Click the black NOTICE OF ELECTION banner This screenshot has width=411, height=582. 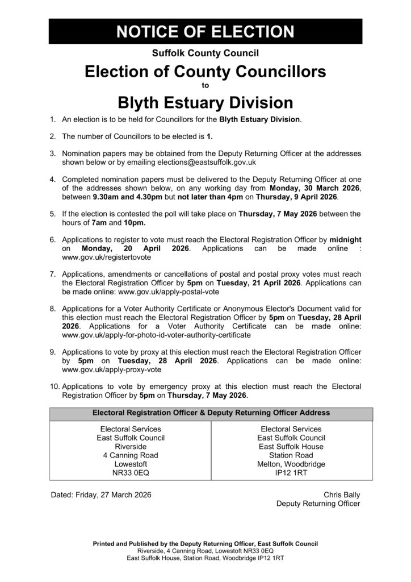(205, 31)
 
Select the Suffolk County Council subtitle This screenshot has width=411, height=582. (205, 53)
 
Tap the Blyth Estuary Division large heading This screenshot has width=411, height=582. (205, 103)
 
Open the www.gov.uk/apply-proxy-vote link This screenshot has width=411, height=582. (104, 369)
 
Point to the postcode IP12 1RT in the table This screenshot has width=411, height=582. (291, 472)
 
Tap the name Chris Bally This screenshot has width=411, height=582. (342, 494)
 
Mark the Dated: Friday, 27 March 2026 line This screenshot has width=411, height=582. (101, 494)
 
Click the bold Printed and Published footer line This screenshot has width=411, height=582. (205, 543)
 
